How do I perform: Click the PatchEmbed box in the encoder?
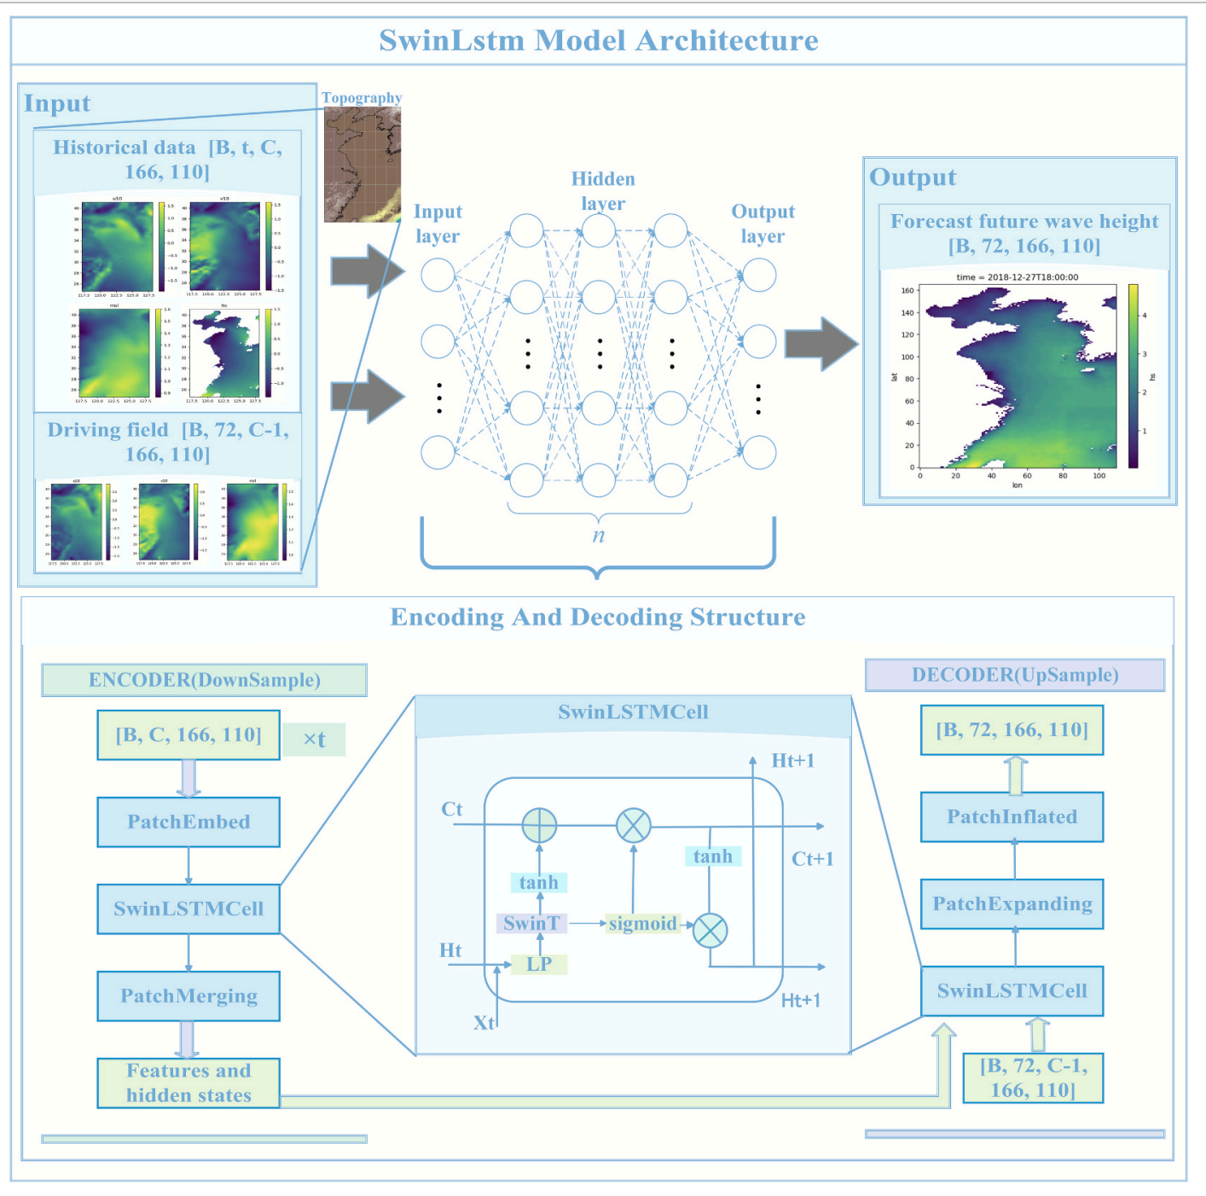188,822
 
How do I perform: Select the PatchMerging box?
188,996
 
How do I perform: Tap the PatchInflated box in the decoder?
1012,817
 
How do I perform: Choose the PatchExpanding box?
1012,904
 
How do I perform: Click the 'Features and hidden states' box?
188,1083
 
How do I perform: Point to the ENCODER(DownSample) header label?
205,680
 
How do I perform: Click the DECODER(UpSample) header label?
1015,675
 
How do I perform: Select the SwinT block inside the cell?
531,923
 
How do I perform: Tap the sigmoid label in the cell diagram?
642,923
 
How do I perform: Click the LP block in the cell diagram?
539,964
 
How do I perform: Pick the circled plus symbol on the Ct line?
539,826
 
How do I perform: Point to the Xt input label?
484,1023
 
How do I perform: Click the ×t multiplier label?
314,740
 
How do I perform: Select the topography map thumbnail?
362,165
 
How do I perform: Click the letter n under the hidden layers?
599,536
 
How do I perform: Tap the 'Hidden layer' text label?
603,191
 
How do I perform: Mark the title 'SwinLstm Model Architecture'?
599,41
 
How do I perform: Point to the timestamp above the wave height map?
1017,277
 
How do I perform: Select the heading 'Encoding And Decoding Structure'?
598,618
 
